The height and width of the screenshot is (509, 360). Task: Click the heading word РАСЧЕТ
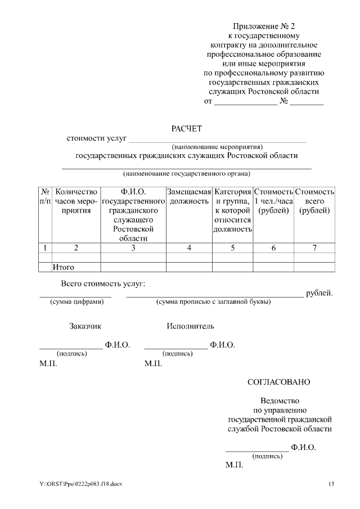[x=186, y=129]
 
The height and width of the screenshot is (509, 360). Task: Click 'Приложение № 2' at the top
[x=263, y=26]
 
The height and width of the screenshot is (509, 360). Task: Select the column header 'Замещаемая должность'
[x=189, y=196]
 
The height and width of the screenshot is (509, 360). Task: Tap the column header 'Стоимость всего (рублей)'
[x=314, y=201]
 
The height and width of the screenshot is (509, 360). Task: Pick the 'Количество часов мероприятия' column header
[x=76, y=201]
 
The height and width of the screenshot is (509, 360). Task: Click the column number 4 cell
[x=189, y=247]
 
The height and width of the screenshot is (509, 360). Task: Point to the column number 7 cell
[x=314, y=247]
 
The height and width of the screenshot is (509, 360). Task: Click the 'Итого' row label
[x=64, y=267]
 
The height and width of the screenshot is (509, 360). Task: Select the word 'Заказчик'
[x=85, y=326]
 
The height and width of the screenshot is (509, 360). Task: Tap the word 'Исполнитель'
[x=190, y=326]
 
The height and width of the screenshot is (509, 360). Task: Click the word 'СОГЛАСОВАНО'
[x=278, y=382]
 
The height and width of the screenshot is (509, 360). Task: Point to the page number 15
[x=331, y=484]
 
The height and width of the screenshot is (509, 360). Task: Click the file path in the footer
[x=80, y=484]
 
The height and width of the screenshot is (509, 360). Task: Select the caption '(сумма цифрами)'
[x=77, y=302]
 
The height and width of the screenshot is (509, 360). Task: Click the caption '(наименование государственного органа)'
[x=187, y=174]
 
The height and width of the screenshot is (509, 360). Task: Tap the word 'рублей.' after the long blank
[x=319, y=293]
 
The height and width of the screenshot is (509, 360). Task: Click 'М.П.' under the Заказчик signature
[x=48, y=364]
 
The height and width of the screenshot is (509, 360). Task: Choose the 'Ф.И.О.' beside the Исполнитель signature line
[x=222, y=345]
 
